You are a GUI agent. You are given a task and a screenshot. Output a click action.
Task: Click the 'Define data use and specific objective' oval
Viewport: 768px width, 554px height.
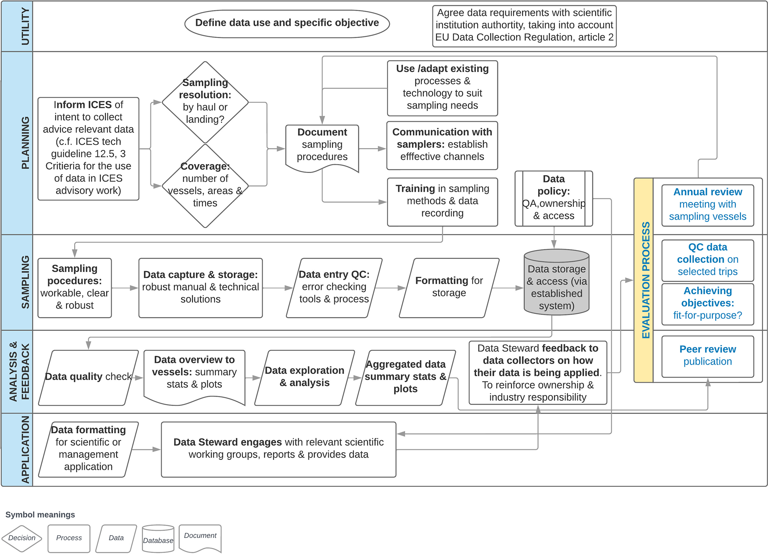pyautogui.click(x=287, y=23)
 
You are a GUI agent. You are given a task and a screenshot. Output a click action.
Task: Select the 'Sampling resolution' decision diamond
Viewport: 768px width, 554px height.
pyautogui.click(x=205, y=102)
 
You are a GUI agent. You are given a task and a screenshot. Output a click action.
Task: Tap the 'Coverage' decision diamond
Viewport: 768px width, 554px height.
pyautogui.click(x=205, y=185)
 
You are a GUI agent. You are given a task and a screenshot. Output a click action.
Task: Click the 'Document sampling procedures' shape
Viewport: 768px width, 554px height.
pyautogui.click(x=322, y=146)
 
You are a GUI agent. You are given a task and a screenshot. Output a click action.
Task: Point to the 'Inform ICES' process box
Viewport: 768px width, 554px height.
pyautogui.click(x=88, y=148)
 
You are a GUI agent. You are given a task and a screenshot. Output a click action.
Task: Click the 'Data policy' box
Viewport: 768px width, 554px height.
pyautogui.click(x=553, y=198)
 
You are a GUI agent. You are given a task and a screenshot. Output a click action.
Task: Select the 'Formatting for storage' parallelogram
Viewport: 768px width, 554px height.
pyautogui.click(x=449, y=287)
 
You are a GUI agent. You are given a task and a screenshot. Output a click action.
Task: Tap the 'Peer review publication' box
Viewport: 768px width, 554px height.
pyautogui.click(x=707, y=356)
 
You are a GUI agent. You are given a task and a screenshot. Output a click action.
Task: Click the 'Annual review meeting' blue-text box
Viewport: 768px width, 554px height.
pyautogui.click(x=707, y=205)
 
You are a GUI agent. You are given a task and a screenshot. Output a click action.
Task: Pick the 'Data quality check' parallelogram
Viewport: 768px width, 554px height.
pyautogui.click(x=88, y=377)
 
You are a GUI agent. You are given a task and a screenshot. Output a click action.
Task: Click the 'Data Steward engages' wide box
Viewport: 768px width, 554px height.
pyautogui.click(x=278, y=449)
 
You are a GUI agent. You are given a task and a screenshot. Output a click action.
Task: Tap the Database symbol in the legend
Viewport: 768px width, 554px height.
pyautogui.click(x=158, y=539)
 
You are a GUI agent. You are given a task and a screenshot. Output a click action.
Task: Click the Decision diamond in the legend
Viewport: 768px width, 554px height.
pyautogui.click(x=22, y=538)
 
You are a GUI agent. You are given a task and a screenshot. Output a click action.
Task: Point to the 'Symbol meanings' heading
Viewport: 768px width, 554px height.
pyautogui.click(x=40, y=515)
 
